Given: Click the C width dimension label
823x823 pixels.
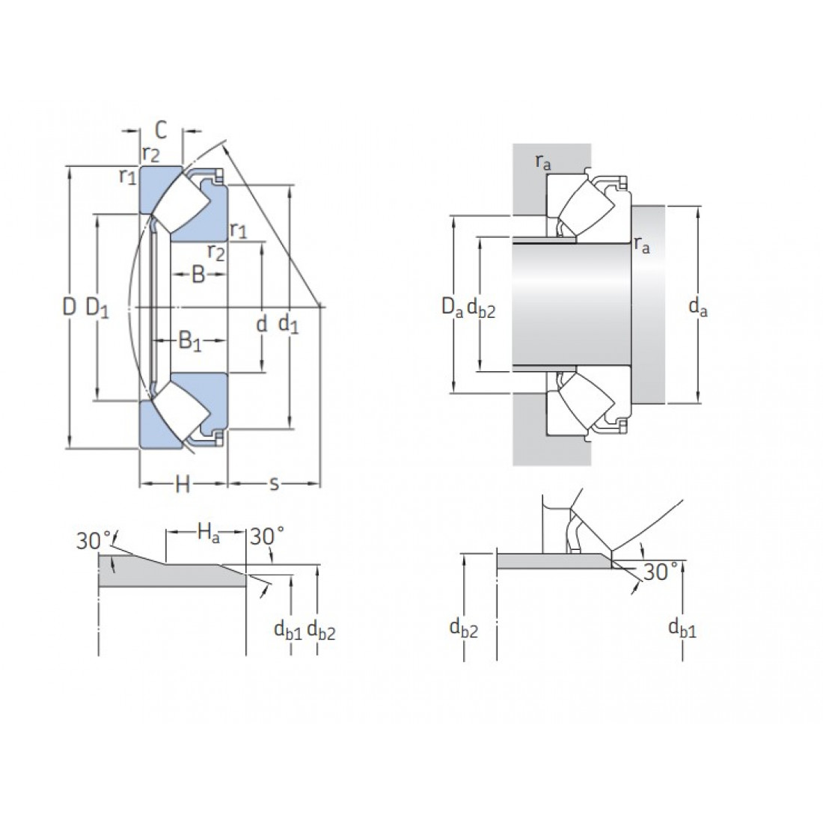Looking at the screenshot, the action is click(x=161, y=131).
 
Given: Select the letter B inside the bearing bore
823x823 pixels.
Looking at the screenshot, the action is click(x=198, y=274).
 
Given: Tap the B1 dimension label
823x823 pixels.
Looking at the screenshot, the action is click(x=190, y=342).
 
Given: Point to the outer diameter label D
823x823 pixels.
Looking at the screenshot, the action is click(x=70, y=307).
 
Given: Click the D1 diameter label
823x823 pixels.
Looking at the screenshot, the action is click(x=97, y=308).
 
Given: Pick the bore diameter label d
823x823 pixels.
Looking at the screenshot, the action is click(x=261, y=323).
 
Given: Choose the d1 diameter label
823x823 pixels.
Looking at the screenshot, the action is click(x=288, y=324).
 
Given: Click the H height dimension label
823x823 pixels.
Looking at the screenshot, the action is click(x=182, y=485).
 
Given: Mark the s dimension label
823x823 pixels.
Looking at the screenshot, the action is click(x=273, y=484).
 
